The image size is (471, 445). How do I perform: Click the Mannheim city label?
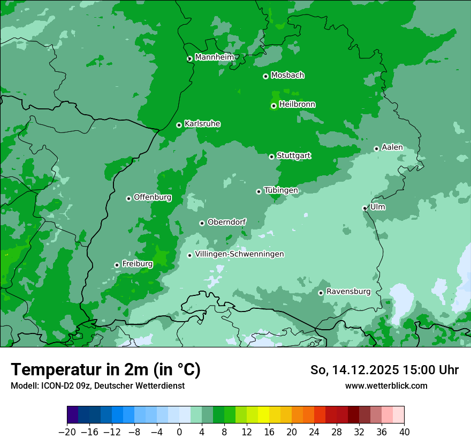[214, 57]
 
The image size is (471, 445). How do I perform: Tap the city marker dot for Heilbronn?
[274, 106]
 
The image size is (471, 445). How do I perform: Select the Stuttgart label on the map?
[293, 155]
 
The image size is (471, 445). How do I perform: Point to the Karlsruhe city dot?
[179, 125]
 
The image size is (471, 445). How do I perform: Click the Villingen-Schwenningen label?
[239, 254]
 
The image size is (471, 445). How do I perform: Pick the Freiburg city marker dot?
[117, 265]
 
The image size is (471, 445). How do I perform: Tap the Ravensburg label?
[348, 291]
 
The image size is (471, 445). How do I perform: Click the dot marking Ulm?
[364, 208]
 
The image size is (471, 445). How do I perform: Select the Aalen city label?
[392, 147]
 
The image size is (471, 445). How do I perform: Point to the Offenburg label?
[152, 197]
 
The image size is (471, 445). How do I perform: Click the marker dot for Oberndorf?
[202, 223]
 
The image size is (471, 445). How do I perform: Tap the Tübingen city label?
[280, 190]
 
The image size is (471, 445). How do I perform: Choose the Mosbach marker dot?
[265, 76]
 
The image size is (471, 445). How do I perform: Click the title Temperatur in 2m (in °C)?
[105, 369]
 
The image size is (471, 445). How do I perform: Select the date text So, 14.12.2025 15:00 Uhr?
[384, 370]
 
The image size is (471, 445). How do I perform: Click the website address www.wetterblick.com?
[386, 385]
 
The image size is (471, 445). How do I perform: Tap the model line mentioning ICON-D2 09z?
[97, 385]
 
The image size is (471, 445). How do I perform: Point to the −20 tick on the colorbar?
[67, 432]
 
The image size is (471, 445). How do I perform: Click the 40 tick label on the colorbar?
[404, 432]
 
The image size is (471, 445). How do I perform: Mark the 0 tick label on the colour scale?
[179, 432]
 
